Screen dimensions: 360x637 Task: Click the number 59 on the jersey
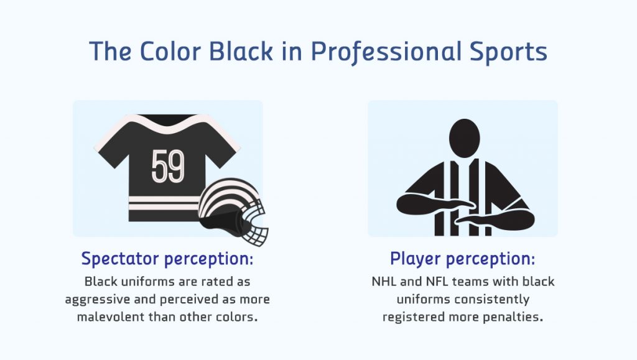(x=168, y=166)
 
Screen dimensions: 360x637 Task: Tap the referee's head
(x=464, y=136)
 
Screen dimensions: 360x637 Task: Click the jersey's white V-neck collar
(x=169, y=124)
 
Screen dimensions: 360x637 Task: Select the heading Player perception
(x=462, y=259)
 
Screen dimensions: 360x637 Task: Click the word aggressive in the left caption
(x=98, y=300)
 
